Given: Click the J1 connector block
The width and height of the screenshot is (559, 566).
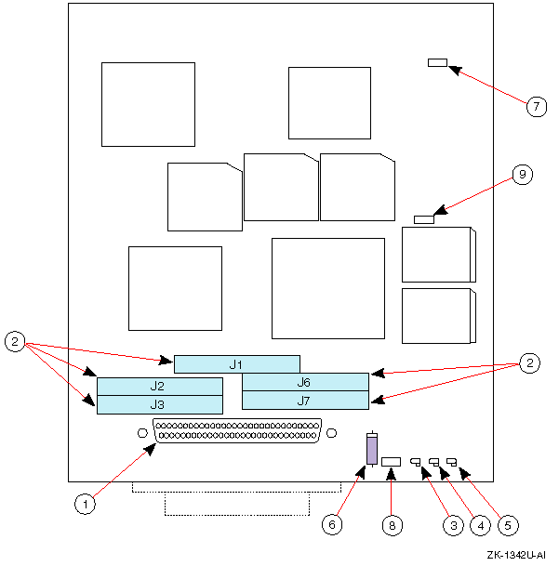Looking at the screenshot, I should click(x=236, y=363).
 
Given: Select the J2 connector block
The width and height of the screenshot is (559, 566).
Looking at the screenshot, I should click(x=160, y=386).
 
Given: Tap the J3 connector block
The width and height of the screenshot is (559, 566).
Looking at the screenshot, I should click(x=160, y=404).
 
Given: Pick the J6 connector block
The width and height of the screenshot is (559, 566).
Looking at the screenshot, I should click(x=305, y=382).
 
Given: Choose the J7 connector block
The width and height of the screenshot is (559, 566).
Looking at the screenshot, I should click(x=305, y=401).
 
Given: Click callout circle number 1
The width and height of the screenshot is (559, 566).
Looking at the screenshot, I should click(x=85, y=504).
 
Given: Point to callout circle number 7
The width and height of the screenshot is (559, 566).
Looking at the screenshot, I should click(x=536, y=106).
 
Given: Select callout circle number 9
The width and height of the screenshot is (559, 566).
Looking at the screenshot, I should click(x=523, y=174).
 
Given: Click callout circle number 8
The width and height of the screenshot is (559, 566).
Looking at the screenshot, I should click(x=393, y=524).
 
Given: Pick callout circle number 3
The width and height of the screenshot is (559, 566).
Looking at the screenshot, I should click(x=452, y=524).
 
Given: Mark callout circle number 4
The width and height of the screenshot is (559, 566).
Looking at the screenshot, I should click(x=480, y=524).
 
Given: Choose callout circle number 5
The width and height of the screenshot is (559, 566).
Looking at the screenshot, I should click(x=508, y=524).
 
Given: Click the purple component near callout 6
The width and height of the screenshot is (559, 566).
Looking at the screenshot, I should click(x=372, y=451).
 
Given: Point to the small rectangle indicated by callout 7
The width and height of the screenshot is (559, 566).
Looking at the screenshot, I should click(x=438, y=63).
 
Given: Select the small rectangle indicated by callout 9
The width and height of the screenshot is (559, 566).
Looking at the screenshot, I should click(x=424, y=219).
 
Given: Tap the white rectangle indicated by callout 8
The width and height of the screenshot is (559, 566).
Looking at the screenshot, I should click(x=391, y=461).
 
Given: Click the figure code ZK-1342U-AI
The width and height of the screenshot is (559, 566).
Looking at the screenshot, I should click(x=515, y=555).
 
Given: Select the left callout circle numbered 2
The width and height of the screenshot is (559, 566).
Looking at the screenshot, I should click(x=15, y=341).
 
